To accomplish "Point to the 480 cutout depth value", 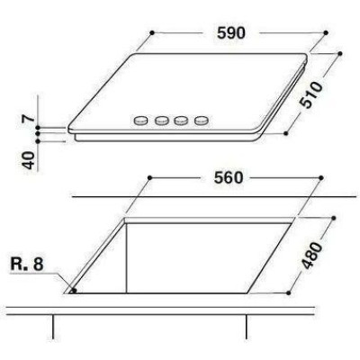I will pos(311,256).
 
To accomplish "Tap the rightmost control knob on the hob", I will pos(203,119).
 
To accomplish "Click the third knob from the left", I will pos(183,119).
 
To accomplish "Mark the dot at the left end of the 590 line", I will pos(152,32).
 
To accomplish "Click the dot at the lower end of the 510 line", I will pos(286,133).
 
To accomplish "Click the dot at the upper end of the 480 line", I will pos(335,218).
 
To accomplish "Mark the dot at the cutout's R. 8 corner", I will pos(72,291).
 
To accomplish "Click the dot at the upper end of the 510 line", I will pos(342,53).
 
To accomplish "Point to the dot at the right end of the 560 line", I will pos(314,178).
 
